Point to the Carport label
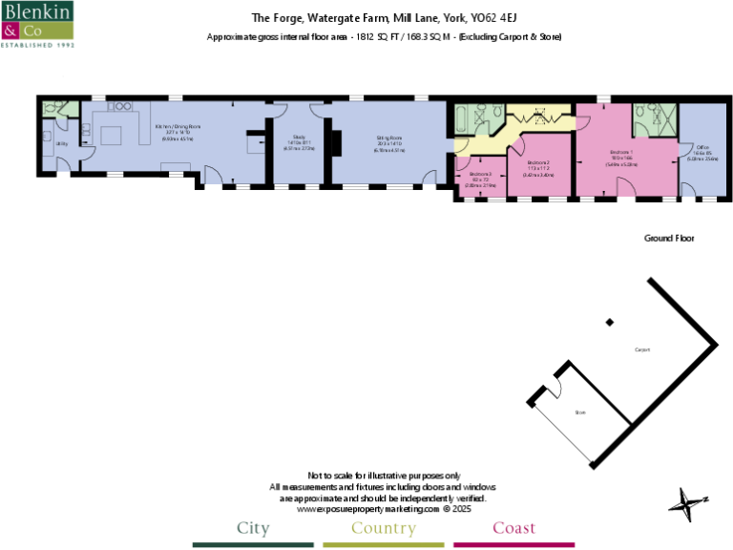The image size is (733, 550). (x=642, y=350)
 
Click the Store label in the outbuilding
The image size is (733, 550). (x=579, y=412)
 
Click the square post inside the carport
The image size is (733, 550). (x=610, y=322)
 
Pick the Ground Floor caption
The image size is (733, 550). (x=668, y=238)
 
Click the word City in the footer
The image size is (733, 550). (x=253, y=528)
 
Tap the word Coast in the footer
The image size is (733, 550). (x=513, y=528)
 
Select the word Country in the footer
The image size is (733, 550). (x=383, y=528)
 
